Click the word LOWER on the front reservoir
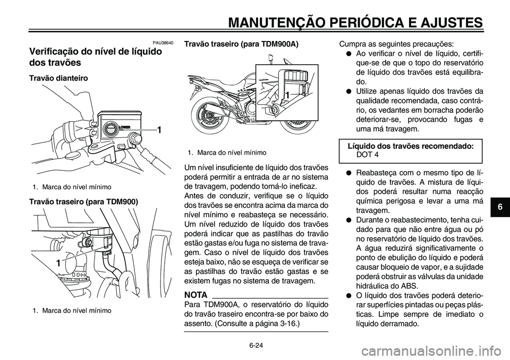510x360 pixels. coord(124,128)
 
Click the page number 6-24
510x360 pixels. coord(256,345)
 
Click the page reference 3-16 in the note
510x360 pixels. coord(286,324)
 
